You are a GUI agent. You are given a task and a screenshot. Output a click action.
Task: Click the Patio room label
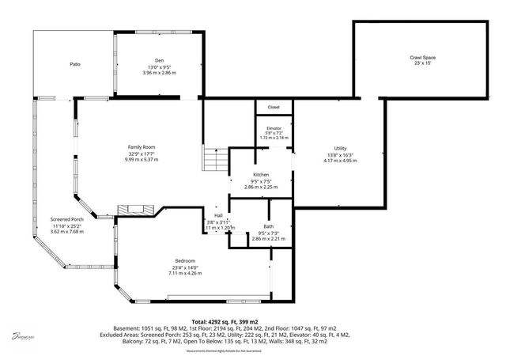click(x=74, y=64)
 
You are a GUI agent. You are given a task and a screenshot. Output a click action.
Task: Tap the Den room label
click(x=159, y=60)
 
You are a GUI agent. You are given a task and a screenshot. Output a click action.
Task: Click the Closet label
click(x=274, y=107)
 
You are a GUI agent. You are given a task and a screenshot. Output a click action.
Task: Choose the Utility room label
click(x=340, y=148)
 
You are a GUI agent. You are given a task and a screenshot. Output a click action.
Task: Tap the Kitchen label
click(x=261, y=174)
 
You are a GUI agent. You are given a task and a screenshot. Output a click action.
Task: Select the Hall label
click(x=218, y=215)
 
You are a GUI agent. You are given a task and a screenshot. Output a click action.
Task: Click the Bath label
click(x=269, y=226)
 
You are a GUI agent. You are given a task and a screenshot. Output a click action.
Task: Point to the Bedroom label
click(x=185, y=260)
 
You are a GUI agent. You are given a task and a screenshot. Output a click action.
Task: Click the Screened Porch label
click(x=66, y=219)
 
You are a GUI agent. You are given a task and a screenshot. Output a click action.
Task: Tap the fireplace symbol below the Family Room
click(x=131, y=210)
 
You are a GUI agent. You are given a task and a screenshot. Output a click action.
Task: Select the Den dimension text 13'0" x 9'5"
click(x=159, y=66)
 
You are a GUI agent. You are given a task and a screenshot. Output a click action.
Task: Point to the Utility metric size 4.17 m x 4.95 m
click(x=340, y=161)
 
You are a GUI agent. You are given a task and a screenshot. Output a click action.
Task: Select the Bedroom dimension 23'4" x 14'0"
click(x=185, y=267)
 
